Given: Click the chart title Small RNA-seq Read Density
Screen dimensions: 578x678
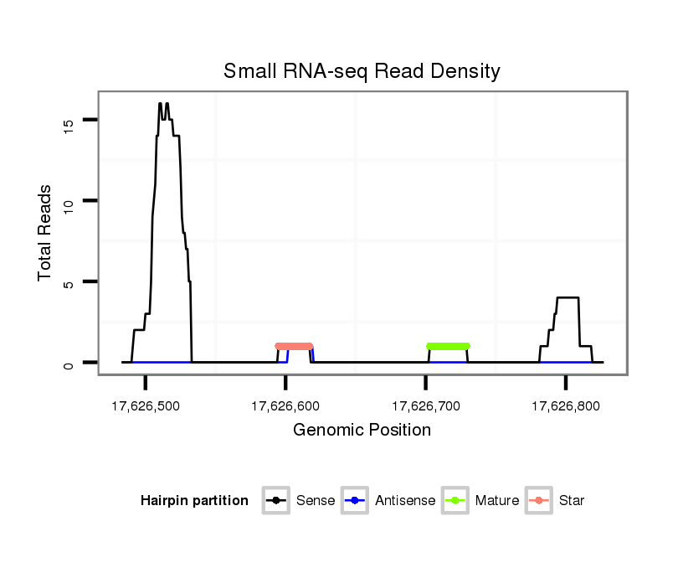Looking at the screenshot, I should coord(362,71).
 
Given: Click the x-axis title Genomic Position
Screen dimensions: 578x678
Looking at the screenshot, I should coord(362,431).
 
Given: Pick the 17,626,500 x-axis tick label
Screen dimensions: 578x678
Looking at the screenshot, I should coord(146,406).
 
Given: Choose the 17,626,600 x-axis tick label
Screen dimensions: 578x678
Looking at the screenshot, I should coord(285,406).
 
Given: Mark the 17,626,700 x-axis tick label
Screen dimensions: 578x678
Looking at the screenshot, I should coord(425,406).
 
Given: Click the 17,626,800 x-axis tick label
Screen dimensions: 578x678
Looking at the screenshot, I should coord(566,406).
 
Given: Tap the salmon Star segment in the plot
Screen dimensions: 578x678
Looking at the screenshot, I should coord(294,346).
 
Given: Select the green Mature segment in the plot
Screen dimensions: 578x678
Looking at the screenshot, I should coord(448,346).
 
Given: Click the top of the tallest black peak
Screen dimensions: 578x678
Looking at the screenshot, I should coord(160,105).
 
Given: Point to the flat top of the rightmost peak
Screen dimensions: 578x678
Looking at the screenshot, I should coord(568,297).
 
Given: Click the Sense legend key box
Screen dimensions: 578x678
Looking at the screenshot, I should coord(275,501).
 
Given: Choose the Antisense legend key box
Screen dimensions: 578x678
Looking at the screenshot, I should coord(355,501).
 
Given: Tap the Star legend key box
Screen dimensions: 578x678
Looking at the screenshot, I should coord(538,501).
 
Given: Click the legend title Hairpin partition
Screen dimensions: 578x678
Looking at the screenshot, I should coord(194,501).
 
